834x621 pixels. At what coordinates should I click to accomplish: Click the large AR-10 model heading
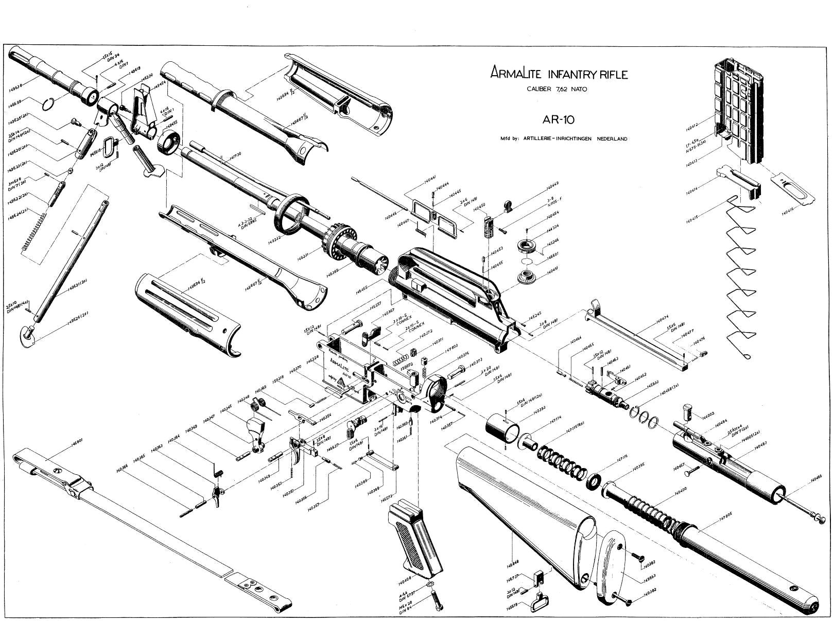click(x=558, y=120)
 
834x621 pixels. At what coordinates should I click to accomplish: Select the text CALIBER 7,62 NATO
click(x=557, y=89)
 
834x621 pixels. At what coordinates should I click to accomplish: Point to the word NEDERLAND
click(x=612, y=139)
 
